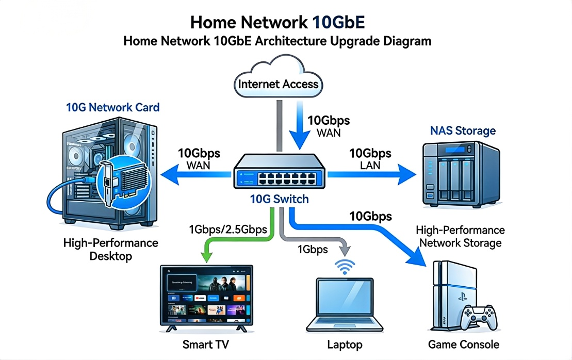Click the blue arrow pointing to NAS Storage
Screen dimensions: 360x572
(x=371, y=175)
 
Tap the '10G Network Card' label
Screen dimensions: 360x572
(x=113, y=107)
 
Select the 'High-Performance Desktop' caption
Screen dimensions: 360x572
(x=111, y=249)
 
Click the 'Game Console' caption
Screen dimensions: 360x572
(x=464, y=344)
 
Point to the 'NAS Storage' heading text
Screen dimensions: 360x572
(x=463, y=130)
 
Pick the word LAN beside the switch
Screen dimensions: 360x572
(x=370, y=165)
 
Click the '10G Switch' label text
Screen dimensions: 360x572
(x=279, y=199)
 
